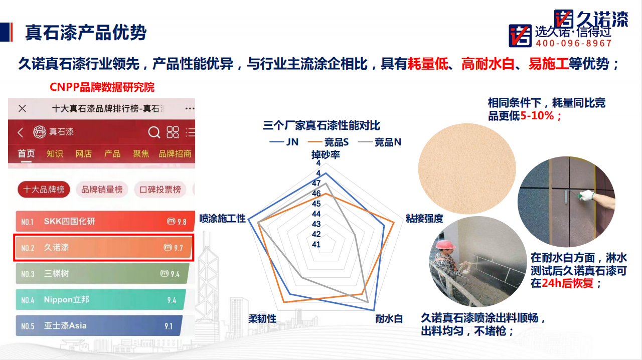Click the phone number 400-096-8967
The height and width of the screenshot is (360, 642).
click(x=574, y=43)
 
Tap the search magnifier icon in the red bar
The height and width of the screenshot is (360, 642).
click(x=154, y=132)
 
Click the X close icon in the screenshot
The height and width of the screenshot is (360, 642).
click(x=22, y=108)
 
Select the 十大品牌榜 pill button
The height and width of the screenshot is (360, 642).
click(x=44, y=190)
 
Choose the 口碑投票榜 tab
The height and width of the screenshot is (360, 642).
click(x=160, y=190)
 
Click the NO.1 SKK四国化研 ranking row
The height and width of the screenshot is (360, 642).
click(x=105, y=221)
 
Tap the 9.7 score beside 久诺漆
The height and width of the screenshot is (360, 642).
click(x=178, y=248)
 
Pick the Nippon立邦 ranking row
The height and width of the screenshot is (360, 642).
click(x=100, y=299)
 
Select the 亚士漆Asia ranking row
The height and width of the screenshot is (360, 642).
click(x=99, y=325)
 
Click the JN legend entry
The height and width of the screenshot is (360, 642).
click(x=284, y=142)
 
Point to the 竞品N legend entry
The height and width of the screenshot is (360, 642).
click(x=380, y=142)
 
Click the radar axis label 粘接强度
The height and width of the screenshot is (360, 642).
click(x=424, y=219)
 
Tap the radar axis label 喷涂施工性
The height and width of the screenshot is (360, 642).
click(x=222, y=219)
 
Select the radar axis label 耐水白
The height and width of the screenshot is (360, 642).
click(x=389, y=319)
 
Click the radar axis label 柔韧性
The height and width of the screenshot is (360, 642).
click(x=262, y=319)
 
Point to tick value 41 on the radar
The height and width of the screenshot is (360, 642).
click(x=316, y=245)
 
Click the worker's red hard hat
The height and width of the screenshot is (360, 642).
click(x=445, y=245)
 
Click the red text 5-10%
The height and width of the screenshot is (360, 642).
click(x=537, y=116)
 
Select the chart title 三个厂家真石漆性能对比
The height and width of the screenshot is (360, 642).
click(x=322, y=125)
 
